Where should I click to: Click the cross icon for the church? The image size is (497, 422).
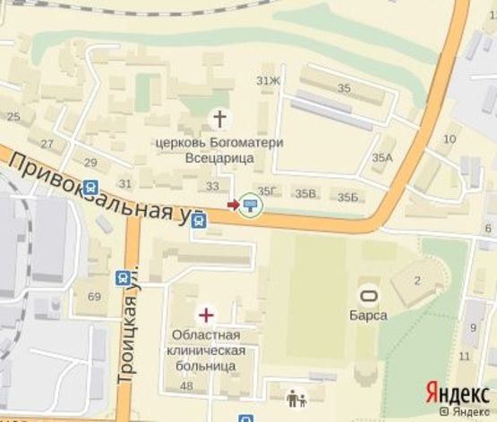219,118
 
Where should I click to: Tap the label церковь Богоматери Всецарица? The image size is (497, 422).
219,150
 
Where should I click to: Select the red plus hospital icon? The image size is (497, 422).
206,314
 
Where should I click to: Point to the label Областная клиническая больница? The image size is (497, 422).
201,350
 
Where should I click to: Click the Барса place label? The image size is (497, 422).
367,316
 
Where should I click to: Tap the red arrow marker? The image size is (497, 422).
234,205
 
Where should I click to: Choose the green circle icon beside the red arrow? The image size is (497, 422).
252,206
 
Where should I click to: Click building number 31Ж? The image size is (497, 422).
269,82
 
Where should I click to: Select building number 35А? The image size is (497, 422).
383,157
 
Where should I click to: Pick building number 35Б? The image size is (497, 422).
347,197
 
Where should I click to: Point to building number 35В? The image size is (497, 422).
306,193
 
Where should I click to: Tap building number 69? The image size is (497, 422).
94,296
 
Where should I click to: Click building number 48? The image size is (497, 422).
186,386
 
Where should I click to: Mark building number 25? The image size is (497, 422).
13,117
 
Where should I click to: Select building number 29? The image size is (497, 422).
90,162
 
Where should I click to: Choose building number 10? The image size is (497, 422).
450,139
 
